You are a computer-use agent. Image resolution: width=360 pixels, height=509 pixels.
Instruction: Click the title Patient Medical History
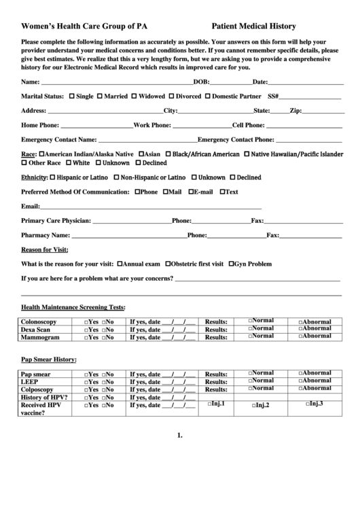click(253, 27)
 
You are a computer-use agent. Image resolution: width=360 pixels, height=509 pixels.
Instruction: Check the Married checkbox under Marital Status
click(100, 96)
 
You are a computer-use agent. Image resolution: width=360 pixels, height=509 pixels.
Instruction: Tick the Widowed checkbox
click(134, 96)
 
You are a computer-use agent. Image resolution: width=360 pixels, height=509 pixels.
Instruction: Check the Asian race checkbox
click(141, 154)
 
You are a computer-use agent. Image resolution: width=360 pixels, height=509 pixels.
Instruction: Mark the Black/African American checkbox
click(168, 154)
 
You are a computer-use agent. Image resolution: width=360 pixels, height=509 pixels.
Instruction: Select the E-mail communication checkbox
click(191, 192)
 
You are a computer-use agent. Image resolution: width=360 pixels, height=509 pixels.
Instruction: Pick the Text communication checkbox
click(221, 192)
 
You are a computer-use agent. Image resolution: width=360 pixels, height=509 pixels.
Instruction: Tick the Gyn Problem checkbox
click(231, 263)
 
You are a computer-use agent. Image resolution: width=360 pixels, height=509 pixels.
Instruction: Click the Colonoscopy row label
click(39, 321)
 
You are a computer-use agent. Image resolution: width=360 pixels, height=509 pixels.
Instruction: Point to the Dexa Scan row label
click(36, 329)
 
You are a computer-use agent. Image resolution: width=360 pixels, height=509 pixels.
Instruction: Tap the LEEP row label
click(30, 382)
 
